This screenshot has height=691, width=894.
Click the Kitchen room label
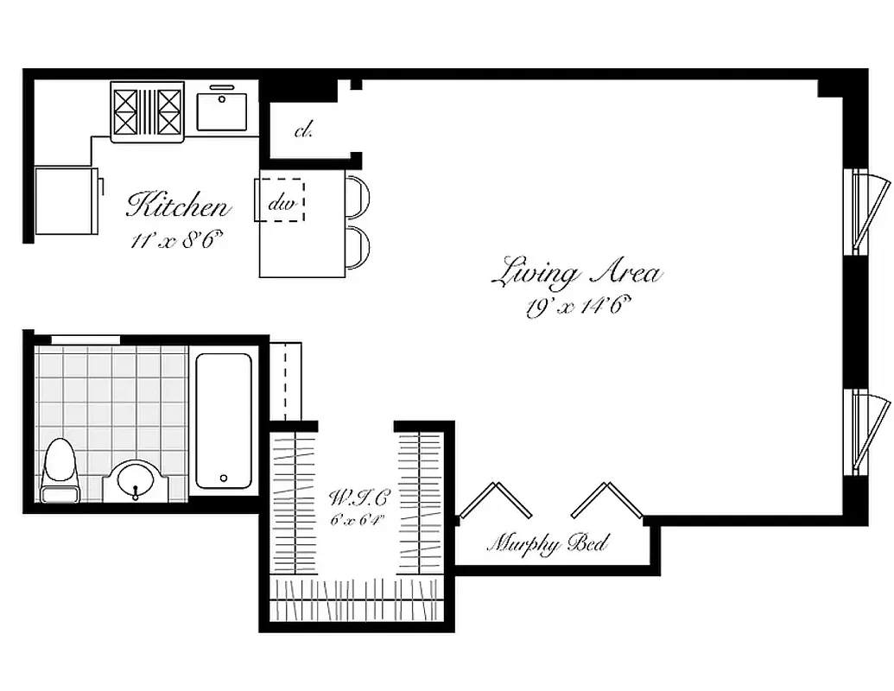pos(179,206)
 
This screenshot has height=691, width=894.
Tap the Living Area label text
pos(576,273)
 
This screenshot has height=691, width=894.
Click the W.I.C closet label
pos(358,498)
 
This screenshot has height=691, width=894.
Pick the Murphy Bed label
pos(547,543)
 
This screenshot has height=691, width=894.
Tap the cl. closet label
pos(303,131)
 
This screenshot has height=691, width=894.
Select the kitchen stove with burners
pos(147,111)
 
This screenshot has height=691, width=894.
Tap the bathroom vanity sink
pos(134,480)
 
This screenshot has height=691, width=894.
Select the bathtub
pos(223,421)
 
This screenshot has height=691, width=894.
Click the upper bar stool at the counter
pos(358,196)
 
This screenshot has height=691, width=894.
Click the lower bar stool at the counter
pos(358,248)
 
